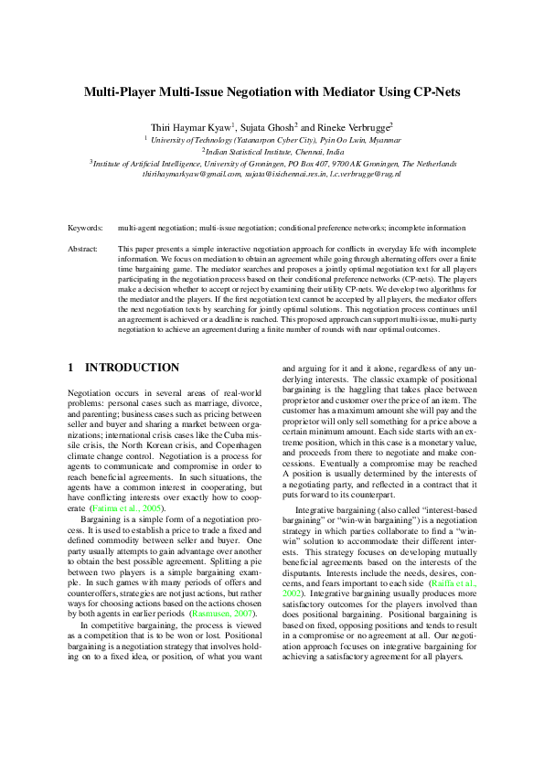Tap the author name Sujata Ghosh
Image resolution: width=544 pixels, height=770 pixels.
pyautogui.click(x=267, y=126)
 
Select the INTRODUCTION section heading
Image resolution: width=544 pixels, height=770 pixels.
pyautogui.click(x=133, y=368)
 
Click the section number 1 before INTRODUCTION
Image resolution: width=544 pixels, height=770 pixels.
pyautogui.click(x=71, y=368)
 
